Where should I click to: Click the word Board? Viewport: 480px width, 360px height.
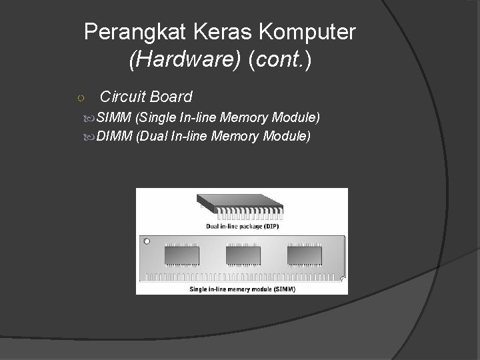click(x=171, y=97)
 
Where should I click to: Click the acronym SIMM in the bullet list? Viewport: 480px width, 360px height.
click(x=113, y=119)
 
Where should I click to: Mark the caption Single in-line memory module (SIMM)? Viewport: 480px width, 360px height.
click(x=243, y=289)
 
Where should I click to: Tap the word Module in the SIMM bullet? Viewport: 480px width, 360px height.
click(x=298, y=119)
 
